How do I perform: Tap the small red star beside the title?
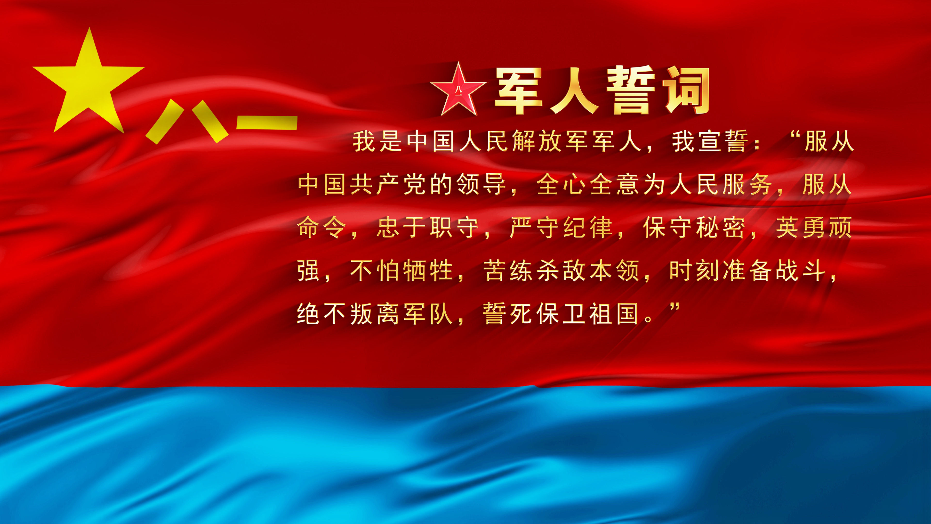pyautogui.click(x=458, y=89)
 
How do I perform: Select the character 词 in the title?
pyautogui.click(x=686, y=90)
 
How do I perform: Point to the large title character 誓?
pyautogui.click(x=631, y=90)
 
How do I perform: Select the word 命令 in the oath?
pyautogui.click(x=322, y=228)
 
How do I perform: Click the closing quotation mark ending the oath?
pyautogui.click(x=674, y=308)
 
